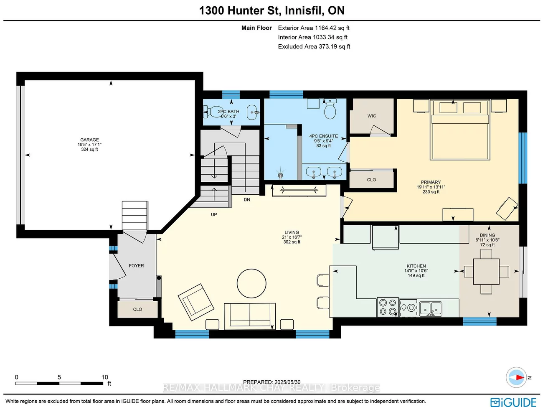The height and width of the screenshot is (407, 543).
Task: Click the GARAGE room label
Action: pyautogui.click(x=89, y=140)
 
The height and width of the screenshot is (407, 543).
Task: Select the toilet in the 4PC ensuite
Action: pyautogui.click(x=330, y=111)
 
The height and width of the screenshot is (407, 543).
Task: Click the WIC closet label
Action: pyautogui.click(x=372, y=116)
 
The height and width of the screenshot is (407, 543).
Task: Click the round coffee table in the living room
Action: pyautogui.click(x=251, y=283)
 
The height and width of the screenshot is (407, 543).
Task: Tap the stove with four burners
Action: pyautogui.click(x=388, y=307)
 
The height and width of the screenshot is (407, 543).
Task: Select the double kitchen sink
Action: pyautogui.click(x=430, y=308)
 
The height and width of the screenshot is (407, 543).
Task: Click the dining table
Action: pyautogui.click(x=486, y=272)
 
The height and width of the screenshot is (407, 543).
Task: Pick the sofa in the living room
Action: pyautogui.click(x=249, y=315)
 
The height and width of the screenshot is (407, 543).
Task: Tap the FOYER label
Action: pyautogui.click(x=136, y=266)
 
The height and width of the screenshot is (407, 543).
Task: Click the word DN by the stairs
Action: pyautogui.click(x=247, y=200)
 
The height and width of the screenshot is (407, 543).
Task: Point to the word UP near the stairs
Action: pyautogui.click(x=214, y=214)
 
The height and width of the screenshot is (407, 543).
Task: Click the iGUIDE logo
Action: pyautogui.click(x=513, y=402)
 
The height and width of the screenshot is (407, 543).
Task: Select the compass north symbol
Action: pyautogui.click(x=517, y=377)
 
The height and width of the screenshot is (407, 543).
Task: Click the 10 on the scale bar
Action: pyautogui.click(x=104, y=377)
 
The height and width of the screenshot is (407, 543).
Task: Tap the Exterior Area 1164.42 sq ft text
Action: pyautogui.click(x=314, y=28)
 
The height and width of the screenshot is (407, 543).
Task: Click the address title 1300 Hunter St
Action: pyautogui.click(x=271, y=10)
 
